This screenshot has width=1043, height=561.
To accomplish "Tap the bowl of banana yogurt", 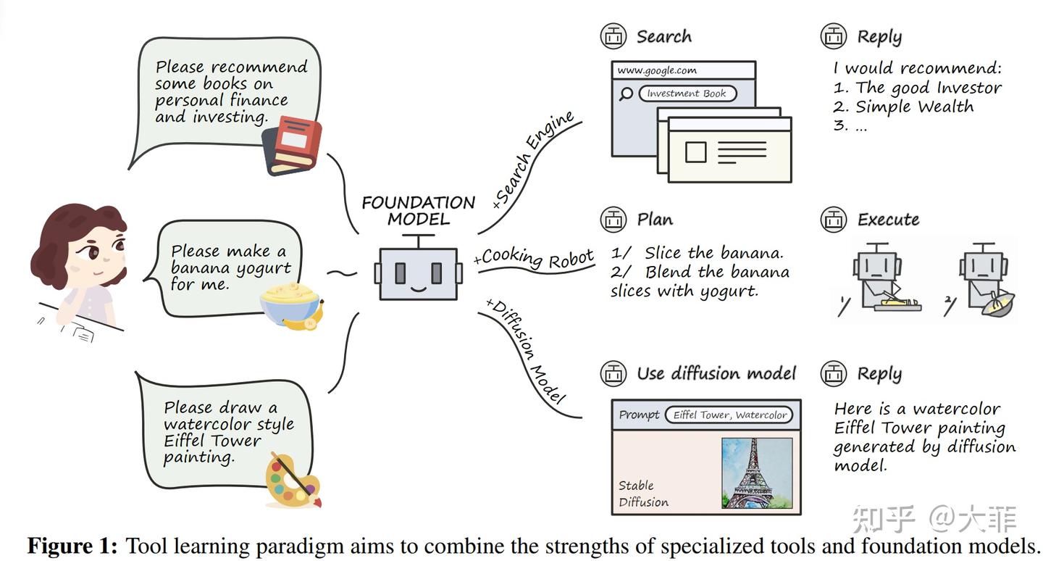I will point(290,304).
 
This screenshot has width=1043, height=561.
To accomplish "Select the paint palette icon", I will point(292,478).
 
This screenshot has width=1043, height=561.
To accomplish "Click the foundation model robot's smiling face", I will point(418,273).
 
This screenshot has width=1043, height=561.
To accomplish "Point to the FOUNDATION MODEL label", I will point(418,210).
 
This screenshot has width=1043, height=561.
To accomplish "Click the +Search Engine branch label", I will point(532,160).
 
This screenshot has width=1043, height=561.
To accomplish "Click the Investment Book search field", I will point(687,93).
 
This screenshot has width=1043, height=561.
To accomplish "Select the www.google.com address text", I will point(657,70).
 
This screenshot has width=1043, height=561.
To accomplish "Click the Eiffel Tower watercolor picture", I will point(756,473).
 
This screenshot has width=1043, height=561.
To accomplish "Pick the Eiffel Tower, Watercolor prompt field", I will point(729,415).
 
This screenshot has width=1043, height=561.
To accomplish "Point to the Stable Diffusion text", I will point(643,494).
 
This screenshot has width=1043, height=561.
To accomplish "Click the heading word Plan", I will point(655,219).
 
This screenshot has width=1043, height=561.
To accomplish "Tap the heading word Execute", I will point(888,219).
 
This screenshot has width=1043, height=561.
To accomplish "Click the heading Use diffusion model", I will point(716,373).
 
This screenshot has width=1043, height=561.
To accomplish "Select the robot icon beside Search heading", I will point(613,36).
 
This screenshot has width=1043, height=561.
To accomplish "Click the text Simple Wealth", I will point(914,107).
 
